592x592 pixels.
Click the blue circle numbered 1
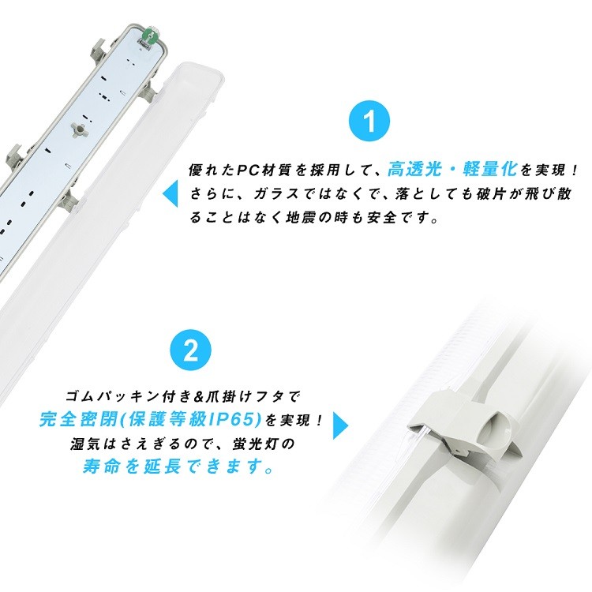click(x=369, y=121)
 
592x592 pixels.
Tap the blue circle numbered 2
click(x=191, y=351)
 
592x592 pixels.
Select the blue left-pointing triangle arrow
click(x=170, y=193)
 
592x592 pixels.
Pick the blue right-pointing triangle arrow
click(x=340, y=425)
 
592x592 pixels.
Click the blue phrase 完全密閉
click(x=78, y=419)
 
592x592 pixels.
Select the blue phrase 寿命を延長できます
click(x=178, y=467)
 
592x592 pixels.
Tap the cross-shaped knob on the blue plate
click(x=78, y=129)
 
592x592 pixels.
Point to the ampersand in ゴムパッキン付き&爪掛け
click(x=198, y=397)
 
